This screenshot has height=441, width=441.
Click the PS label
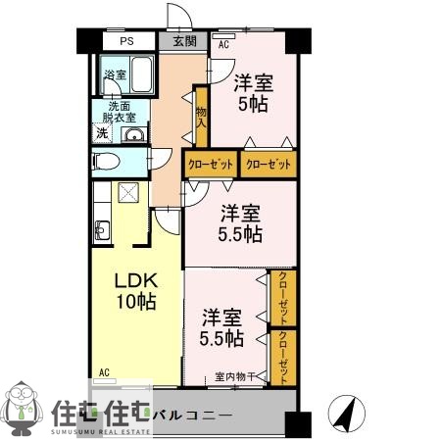[126, 42]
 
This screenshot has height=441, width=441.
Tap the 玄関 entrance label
[184, 41]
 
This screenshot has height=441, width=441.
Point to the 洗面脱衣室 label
[122, 113]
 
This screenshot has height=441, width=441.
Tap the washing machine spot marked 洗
[101, 133]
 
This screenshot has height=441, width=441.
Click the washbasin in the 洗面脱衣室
[135, 135]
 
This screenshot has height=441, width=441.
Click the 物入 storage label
[200, 119]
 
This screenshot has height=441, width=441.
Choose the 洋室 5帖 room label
[254, 93]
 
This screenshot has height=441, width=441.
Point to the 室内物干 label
[235, 376]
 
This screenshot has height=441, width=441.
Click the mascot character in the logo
[24, 408]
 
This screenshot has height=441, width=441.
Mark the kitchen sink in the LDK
[103, 231]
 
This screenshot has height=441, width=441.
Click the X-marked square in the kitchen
[127, 192]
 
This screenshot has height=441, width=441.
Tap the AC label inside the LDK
[104, 372]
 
